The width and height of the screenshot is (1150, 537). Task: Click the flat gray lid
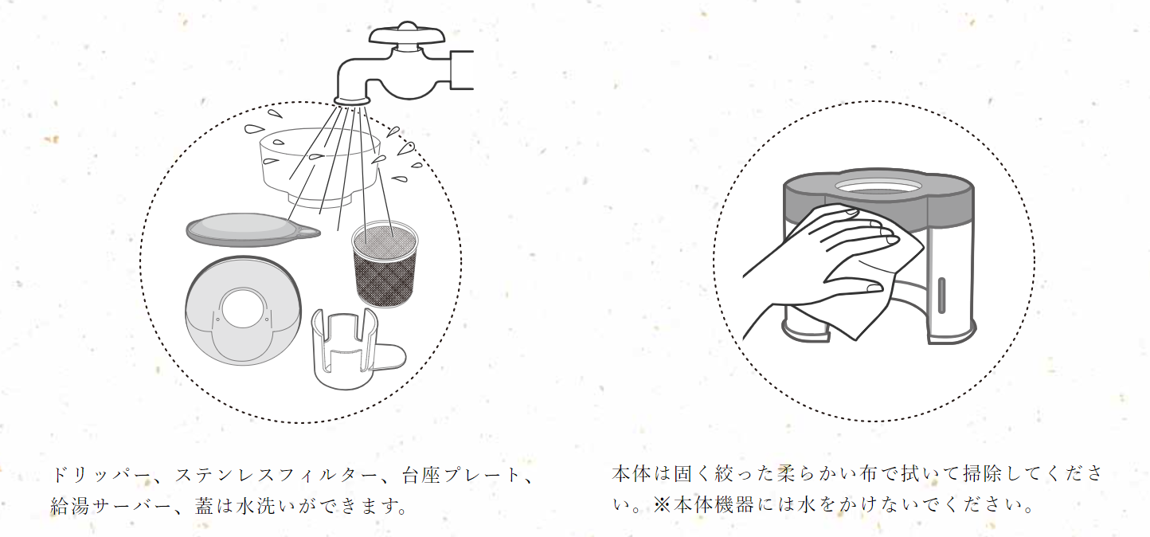(247, 229)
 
